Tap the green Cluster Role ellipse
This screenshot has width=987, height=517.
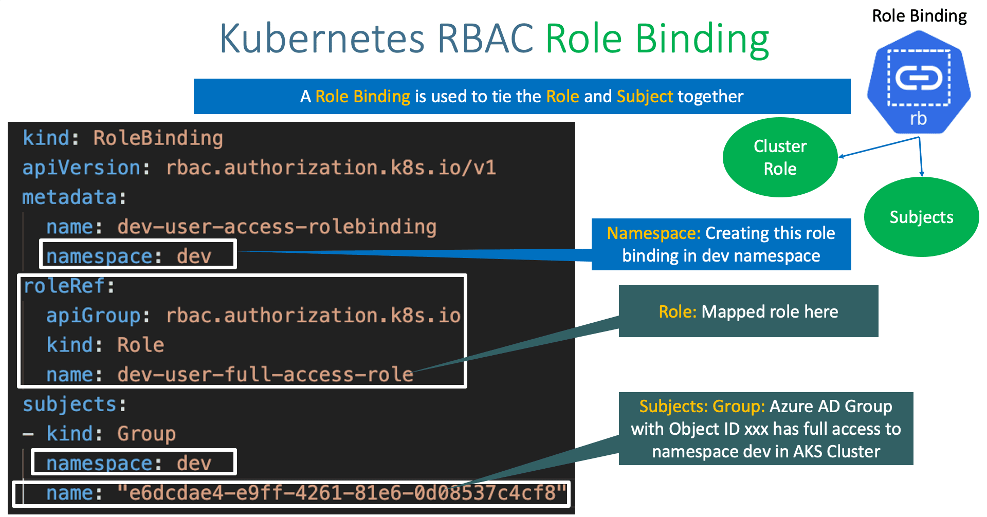(x=779, y=157)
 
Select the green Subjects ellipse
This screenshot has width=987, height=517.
(x=921, y=217)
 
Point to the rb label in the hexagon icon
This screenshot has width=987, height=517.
(x=918, y=119)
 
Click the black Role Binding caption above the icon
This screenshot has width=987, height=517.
(x=919, y=16)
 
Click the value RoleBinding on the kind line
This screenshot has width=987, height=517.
(x=158, y=138)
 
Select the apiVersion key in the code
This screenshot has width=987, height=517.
(x=81, y=168)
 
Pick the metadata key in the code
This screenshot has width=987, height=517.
(x=69, y=197)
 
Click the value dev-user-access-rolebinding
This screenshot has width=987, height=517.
(x=277, y=227)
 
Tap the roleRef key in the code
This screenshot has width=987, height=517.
(x=64, y=286)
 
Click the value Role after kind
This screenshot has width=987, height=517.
(x=140, y=345)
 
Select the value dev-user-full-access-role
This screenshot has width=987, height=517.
(x=265, y=375)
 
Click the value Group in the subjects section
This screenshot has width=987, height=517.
(x=146, y=434)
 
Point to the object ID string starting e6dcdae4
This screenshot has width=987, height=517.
(x=342, y=493)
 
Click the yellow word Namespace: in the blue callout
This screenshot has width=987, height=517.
(x=653, y=233)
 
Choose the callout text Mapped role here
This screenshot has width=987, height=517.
(x=770, y=311)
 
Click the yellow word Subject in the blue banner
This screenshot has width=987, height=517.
(x=644, y=97)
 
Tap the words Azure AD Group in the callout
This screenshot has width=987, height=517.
(x=830, y=406)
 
